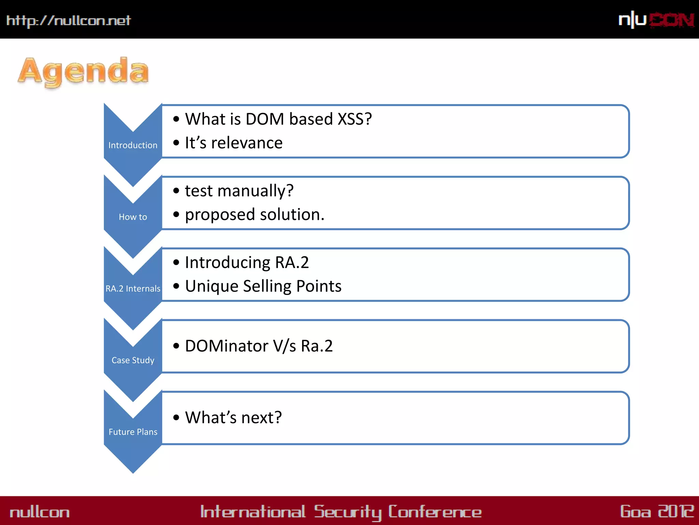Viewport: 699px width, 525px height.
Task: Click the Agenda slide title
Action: click(83, 71)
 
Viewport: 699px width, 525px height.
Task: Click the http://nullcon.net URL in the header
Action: click(69, 21)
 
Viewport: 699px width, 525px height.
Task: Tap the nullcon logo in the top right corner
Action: click(656, 20)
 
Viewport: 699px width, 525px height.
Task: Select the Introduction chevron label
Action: click(133, 145)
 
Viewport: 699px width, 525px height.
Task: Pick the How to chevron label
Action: click(133, 217)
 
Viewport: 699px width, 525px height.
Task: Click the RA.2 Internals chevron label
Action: click(133, 288)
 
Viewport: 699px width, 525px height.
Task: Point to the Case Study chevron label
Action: click(133, 360)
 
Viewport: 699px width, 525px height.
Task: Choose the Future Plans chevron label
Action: click(133, 432)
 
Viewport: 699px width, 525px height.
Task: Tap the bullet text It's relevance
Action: click(233, 143)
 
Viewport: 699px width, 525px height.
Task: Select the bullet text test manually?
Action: click(239, 191)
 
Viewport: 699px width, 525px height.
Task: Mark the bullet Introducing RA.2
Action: click(246, 262)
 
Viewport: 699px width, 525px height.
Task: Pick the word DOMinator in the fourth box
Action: click(227, 346)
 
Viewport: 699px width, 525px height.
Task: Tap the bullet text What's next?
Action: click(233, 418)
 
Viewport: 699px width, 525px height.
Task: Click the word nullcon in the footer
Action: click(40, 512)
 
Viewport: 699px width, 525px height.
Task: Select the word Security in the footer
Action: click(347, 512)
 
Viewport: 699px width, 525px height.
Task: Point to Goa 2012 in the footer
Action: click(657, 512)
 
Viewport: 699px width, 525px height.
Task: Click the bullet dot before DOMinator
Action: click(176, 346)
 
